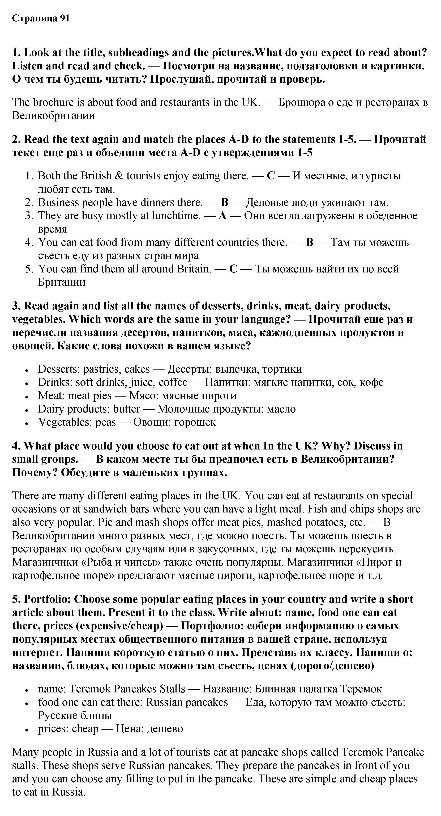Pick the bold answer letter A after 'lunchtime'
tap(222, 216)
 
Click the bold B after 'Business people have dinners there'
tap(225, 202)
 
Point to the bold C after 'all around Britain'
tap(233, 269)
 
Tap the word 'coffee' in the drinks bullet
tap(173, 382)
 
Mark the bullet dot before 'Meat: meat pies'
tap(28, 396)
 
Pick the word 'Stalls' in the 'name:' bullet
tap(173, 689)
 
